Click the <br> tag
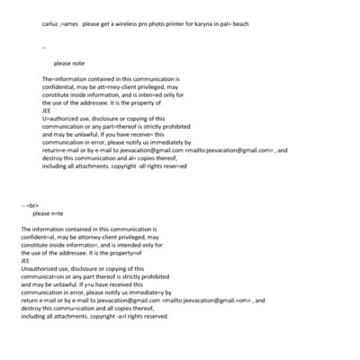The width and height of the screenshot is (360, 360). pos(32,206)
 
